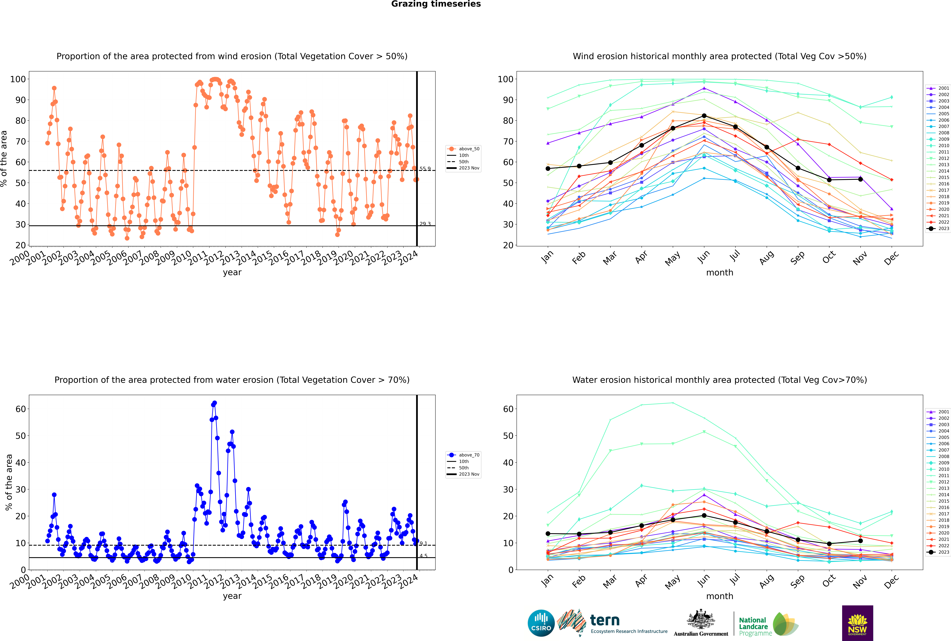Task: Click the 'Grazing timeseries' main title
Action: (436, 4)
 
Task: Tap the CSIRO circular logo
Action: (541, 623)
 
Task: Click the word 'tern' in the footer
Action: (605, 620)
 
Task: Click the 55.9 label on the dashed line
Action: (425, 169)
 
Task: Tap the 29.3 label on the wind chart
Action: (425, 224)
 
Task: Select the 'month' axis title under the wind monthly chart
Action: (720, 273)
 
